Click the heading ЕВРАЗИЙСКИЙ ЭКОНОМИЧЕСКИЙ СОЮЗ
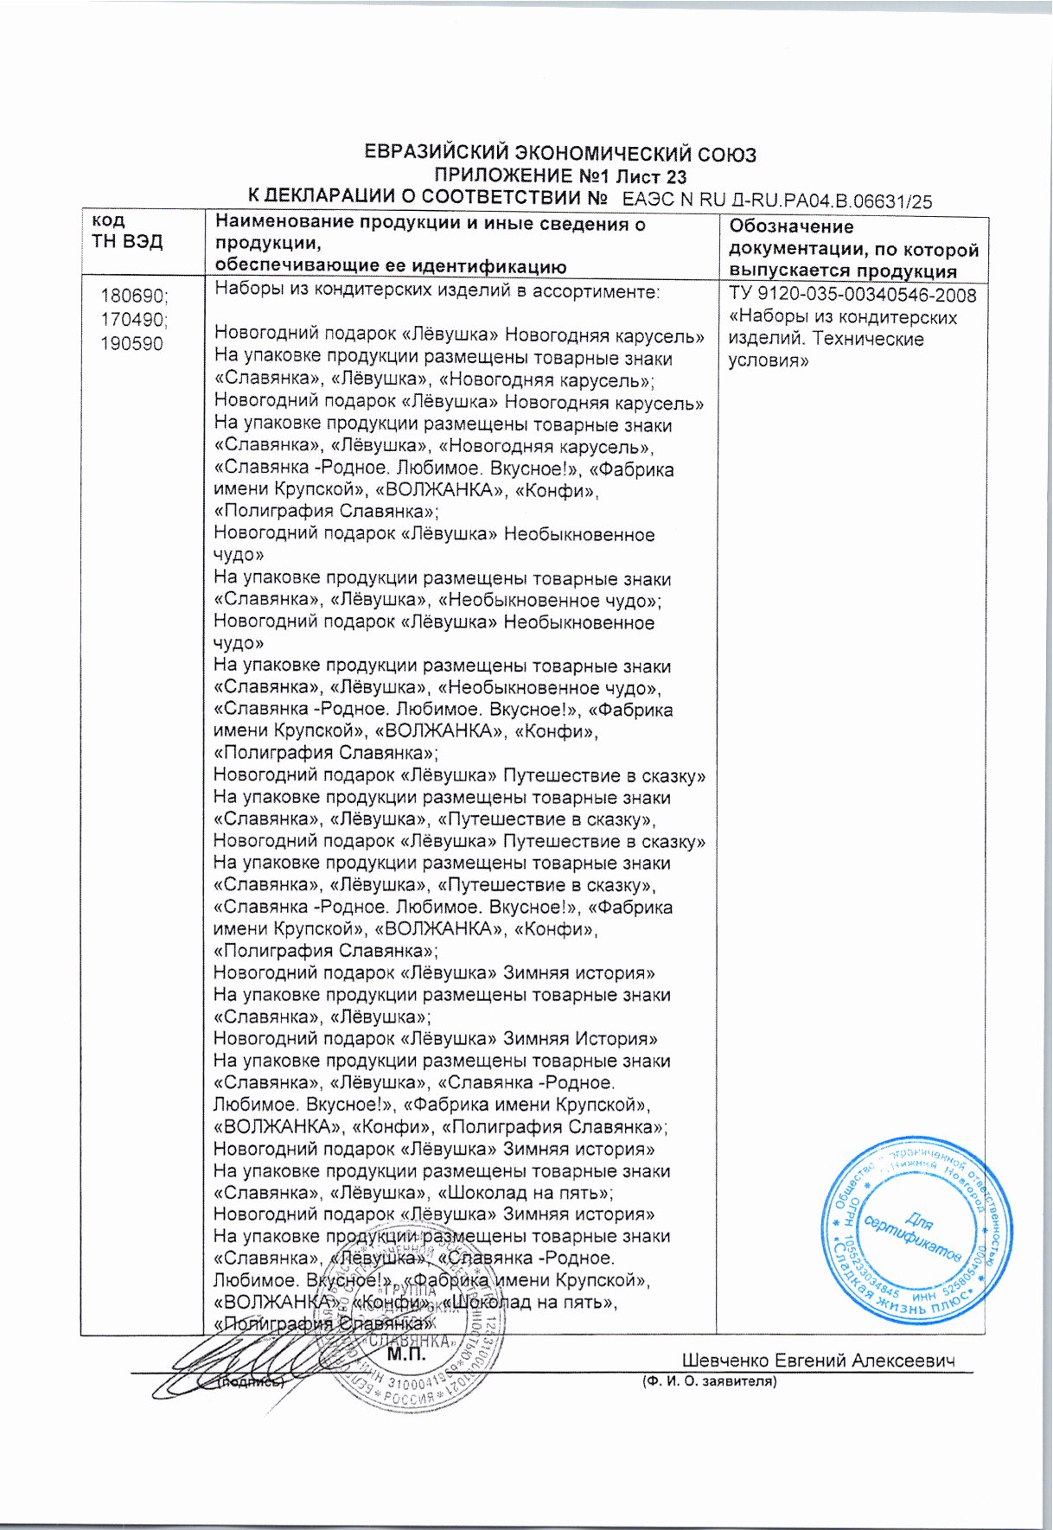pos(561,155)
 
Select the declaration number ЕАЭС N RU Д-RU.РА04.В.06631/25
pos(777,201)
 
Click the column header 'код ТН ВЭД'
pos(126,231)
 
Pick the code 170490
pos(134,319)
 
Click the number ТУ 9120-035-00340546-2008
pos(853,296)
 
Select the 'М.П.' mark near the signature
pos(407,1355)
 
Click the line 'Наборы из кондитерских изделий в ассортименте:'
pos(437,291)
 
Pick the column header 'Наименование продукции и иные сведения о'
pos(431,224)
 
